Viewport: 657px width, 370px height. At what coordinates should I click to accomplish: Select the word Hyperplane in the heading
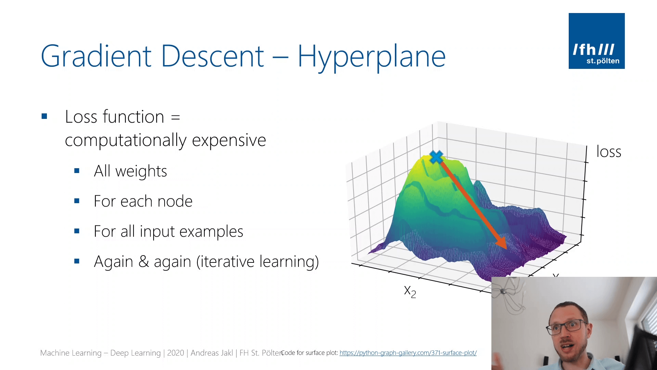371,57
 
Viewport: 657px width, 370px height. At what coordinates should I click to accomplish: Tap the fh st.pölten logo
596,41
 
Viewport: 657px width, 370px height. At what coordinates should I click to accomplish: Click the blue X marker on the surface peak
436,157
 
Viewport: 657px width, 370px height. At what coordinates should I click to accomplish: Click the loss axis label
608,151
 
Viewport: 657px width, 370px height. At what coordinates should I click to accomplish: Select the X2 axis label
410,292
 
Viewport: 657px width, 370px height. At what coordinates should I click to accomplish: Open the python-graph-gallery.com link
408,353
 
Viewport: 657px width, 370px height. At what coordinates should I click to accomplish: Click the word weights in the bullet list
141,171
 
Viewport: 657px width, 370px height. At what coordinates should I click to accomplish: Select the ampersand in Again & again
143,262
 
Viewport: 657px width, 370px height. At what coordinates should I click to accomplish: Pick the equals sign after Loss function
175,117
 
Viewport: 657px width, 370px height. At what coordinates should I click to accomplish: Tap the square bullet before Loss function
44,116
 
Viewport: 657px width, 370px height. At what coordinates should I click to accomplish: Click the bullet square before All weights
77,171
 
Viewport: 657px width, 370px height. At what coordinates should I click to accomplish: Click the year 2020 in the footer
175,353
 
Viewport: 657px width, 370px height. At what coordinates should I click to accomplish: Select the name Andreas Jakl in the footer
211,353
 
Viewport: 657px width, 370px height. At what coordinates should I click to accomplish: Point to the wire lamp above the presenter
510,295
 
